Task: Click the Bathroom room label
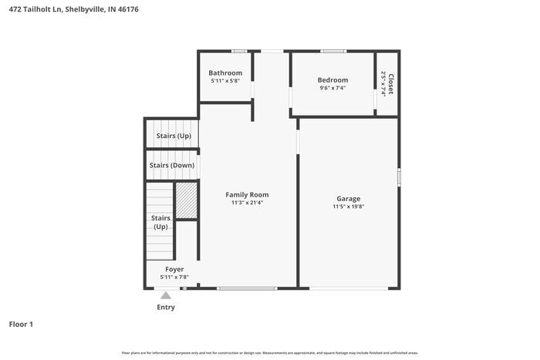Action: [225, 73]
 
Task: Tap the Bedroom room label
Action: [332, 80]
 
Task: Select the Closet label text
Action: [390, 84]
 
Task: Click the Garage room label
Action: [348, 198]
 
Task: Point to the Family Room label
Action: [247, 194]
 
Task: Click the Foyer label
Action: [174, 269]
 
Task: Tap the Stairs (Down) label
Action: [172, 165]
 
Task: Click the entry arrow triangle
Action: [166, 294]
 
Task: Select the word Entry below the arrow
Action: [166, 307]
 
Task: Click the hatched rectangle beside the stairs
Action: [187, 201]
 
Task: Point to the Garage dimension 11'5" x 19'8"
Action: [348, 207]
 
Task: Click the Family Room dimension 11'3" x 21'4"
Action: [247, 203]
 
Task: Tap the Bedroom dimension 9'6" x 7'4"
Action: [332, 88]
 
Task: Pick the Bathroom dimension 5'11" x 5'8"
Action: [225, 81]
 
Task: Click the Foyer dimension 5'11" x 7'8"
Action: [174, 277]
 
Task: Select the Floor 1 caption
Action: [21, 325]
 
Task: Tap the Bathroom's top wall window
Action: [239, 52]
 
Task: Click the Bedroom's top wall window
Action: [332, 52]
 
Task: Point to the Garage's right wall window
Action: [399, 177]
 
